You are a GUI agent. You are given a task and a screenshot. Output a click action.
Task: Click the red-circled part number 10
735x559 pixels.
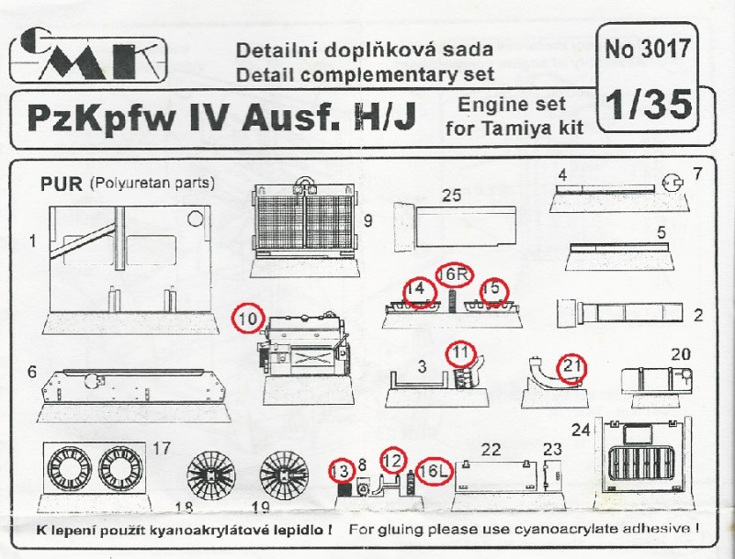[247, 318]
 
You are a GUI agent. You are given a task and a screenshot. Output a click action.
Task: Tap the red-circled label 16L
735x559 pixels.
[435, 470]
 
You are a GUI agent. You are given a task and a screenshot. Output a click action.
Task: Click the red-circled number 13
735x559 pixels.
[341, 470]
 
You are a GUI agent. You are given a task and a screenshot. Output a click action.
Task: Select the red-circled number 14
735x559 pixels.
[418, 288]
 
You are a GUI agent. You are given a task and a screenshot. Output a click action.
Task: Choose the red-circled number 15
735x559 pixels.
[493, 288]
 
